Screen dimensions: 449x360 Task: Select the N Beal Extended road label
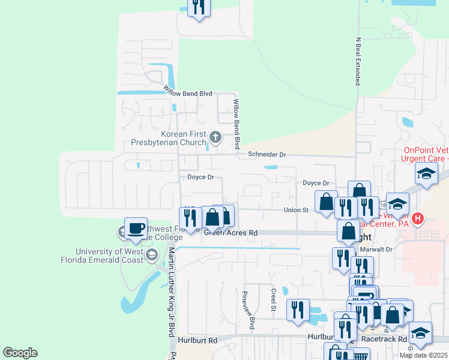[x=358, y=62]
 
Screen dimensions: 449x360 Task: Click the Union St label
[x=296, y=210]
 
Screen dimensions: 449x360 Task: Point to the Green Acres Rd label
[x=231, y=232]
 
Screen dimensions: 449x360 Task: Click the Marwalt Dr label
[x=379, y=249]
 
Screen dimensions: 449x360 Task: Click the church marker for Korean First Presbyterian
[x=215, y=138]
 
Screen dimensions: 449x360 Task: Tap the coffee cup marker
[x=135, y=229]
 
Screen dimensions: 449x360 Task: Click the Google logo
[x=20, y=353]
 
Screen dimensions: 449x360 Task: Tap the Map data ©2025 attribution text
[x=424, y=355]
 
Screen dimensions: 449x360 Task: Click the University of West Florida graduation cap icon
[x=152, y=256]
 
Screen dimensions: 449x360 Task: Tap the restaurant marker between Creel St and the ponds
[x=298, y=310]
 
